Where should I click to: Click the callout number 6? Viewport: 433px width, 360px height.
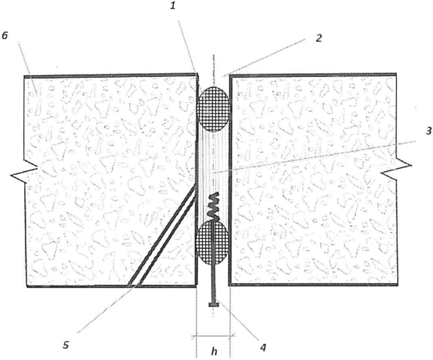[6, 36]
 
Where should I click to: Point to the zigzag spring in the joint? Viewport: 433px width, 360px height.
[214, 206]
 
